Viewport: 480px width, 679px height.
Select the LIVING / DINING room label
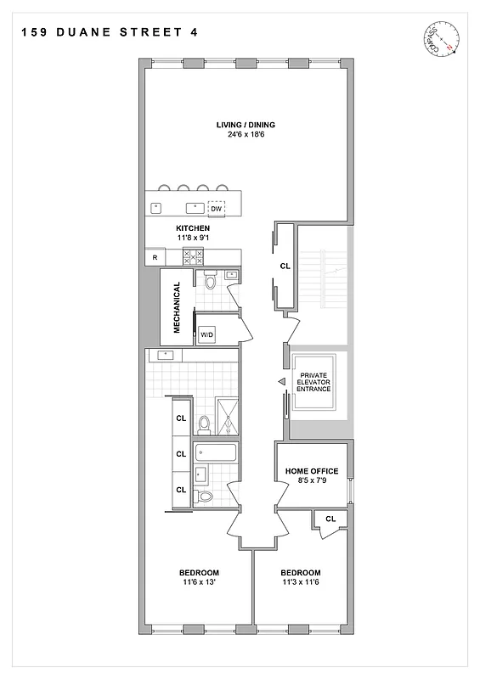pyautogui.click(x=245, y=125)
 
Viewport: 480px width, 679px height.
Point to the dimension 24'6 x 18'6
pyautogui.click(x=245, y=135)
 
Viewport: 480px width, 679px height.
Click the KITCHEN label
pyautogui.click(x=193, y=228)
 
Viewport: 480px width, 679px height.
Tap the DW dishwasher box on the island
pyautogui.click(x=217, y=208)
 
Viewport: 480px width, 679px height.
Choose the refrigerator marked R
pyautogui.click(x=155, y=257)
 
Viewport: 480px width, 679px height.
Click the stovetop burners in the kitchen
pyautogui.click(x=204, y=257)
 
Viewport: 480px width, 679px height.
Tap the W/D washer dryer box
pyautogui.click(x=207, y=334)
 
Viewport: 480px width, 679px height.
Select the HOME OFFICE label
pyautogui.click(x=312, y=471)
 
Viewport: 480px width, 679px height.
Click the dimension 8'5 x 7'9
pyautogui.click(x=312, y=481)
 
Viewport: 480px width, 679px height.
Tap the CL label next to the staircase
pyautogui.click(x=285, y=266)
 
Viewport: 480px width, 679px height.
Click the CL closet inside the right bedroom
pyautogui.click(x=330, y=518)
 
